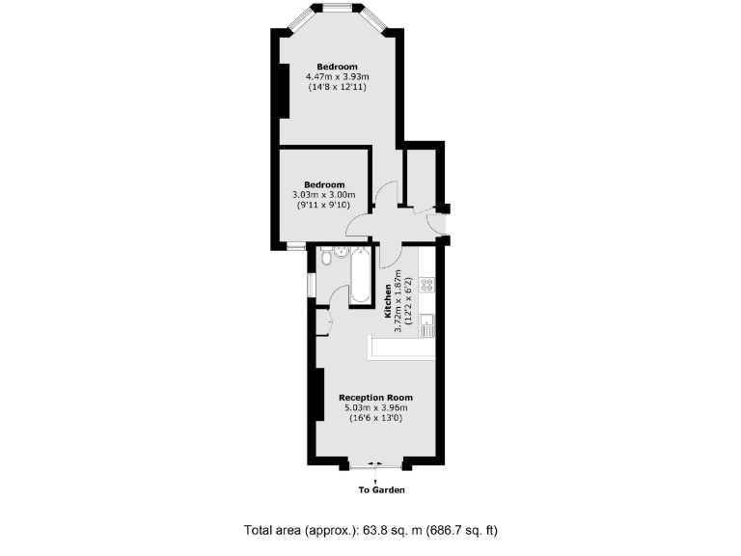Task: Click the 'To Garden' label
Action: click(381, 489)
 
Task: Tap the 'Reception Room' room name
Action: click(375, 397)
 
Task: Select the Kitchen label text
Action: click(389, 301)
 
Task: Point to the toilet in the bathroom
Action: click(326, 257)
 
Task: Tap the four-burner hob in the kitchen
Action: click(426, 285)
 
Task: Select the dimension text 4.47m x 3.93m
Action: click(338, 76)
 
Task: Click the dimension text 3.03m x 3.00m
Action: click(324, 195)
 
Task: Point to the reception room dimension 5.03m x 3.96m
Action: click(375, 407)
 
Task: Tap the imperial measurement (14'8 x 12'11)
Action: click(338, 87)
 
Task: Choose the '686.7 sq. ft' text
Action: click(462, 531)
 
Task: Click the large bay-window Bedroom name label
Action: click(338, 66)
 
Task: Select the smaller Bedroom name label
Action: click(324, 184)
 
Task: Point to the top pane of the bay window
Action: click(338, 9)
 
